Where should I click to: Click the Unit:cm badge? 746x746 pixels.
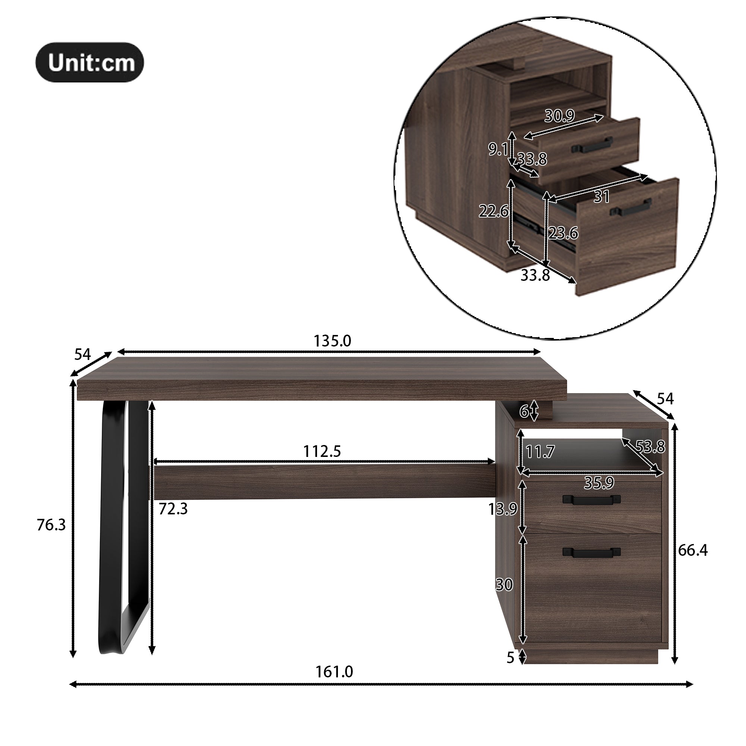pyautogui.click(x=90, y=62)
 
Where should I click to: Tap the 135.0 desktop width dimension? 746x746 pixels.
pyautogui.click(x=332, y=341)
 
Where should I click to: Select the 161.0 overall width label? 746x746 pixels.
pyautogui.click(x=334, y=672)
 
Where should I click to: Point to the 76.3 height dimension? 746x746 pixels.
pyautogui.click(x=51, y=525)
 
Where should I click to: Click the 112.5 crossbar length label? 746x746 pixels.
pyautogui.click(x=322, y=451)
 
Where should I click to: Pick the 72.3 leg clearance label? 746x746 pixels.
pyautogui.click(x=173, y=509)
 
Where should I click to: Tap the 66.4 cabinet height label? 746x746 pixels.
pyautogui.click(x=693, y=550)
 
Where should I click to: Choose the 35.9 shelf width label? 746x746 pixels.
pyautogui.click(x=599, y=483)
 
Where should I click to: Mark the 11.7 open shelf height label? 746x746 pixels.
pyautogui.click(x=540, y=451)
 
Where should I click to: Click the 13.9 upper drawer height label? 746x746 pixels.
pyautogui.click(x=502, y=509)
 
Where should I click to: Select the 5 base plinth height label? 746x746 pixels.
pyautogui.click(x=511, y=658)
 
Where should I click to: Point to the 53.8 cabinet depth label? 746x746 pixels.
pyautogui.click(x=650, y=447)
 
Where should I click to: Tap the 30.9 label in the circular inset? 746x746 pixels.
pyautogui.click(x=559, y=116)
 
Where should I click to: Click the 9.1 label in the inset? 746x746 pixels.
pyautogui.click(x=498, y=149)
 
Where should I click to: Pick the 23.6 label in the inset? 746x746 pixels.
pyautogui.click(x=563, y=233)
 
